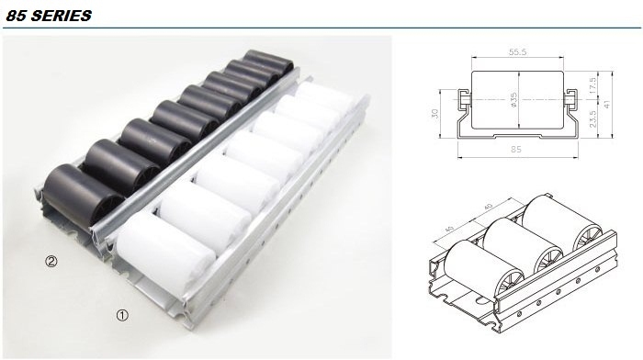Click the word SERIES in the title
click(x=62, y=16)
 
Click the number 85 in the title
click(x=17, y=16)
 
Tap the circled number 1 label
click(x=122, y=315)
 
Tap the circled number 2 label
click(x=51, y=261)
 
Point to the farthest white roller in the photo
click(x=326, y=97)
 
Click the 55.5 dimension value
click(x=517, y=51)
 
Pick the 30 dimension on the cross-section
click(x=435, y=113)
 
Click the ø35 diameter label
click(x=513, y=99)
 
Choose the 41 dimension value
click(x=607, y=104)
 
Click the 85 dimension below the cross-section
click(x=516, y=150)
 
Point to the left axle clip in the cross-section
click(x=463, y=99)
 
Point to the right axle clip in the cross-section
click(x=570, y=99)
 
